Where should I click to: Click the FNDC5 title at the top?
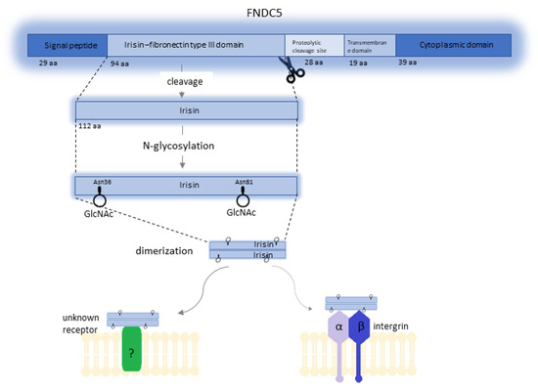tap(269, 13)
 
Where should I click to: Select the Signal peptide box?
tap(62, 45)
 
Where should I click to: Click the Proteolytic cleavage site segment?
tap(314, 45)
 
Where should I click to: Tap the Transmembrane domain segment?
tap(370, 45)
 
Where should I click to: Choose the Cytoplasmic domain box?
tap(454, 45)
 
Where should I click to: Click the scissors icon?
tap(291, 69)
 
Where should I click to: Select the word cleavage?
tap(184, 83)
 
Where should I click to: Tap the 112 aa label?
tap(89, 126)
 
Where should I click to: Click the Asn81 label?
tap(245, 182)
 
